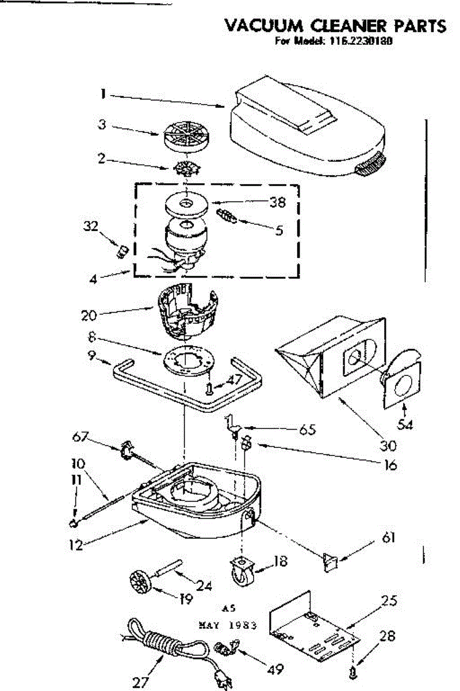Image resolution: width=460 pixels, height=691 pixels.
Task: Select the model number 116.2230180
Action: pyautogui.click(x=359, y=41)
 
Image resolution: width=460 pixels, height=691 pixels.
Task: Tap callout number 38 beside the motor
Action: pyautogui.click(x=277, y=202)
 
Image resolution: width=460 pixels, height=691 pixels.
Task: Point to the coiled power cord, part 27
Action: pyautogui.click(x=158, y=642)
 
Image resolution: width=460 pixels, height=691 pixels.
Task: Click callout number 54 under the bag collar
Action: pyautogui.click(x=407, y=426)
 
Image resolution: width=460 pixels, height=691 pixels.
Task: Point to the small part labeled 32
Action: pyautogui.click(x=122, y=252)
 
